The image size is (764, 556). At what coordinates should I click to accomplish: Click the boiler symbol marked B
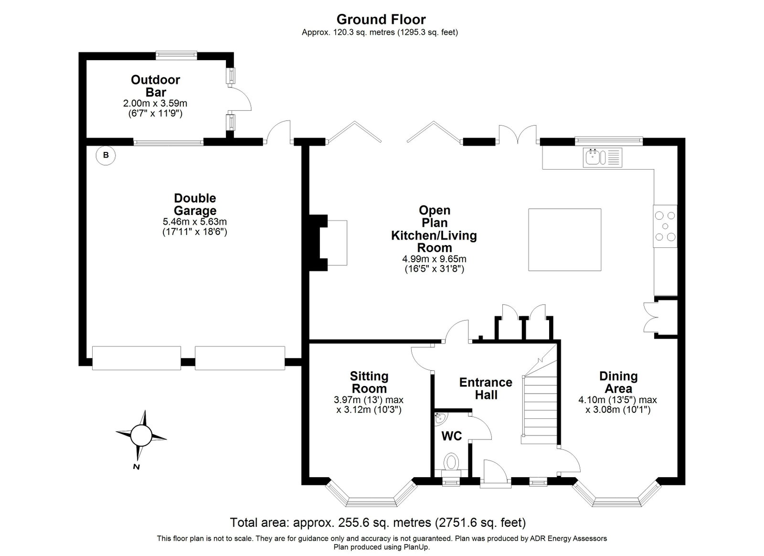[x=106, y=156]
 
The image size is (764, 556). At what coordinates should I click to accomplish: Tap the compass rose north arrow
[x=140, y=436]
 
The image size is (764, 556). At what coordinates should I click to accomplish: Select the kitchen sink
[x=602, y=158]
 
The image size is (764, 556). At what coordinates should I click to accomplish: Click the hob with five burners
[x=665, y=226]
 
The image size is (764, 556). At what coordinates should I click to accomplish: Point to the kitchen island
[x=565, y=240]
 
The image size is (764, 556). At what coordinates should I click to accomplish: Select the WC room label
[x=452, y=436]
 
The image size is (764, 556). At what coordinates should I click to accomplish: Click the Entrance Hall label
[x=486, y=389]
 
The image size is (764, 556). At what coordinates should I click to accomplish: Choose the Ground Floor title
[x=381, y=20]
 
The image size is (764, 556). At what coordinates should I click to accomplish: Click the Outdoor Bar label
[x=156, y=86]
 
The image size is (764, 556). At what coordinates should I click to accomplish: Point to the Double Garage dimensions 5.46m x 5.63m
[x=195, y=222]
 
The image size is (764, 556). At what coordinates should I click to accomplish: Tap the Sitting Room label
[x=369, y=383]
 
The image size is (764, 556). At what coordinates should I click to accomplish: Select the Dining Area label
[x=618, y=383]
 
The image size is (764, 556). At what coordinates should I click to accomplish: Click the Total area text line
[x=378, y=522]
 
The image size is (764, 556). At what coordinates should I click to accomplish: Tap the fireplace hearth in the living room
[x=337, y=243]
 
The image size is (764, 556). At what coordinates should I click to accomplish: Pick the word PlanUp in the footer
[x=418, y=547]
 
